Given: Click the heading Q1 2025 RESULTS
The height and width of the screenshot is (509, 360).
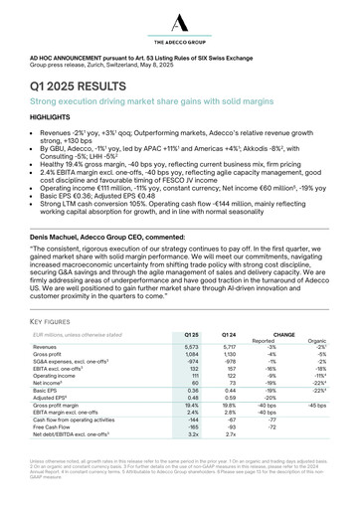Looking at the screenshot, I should coord(90,85).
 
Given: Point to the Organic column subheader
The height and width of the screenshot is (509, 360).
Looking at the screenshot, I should coord(316,341).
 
